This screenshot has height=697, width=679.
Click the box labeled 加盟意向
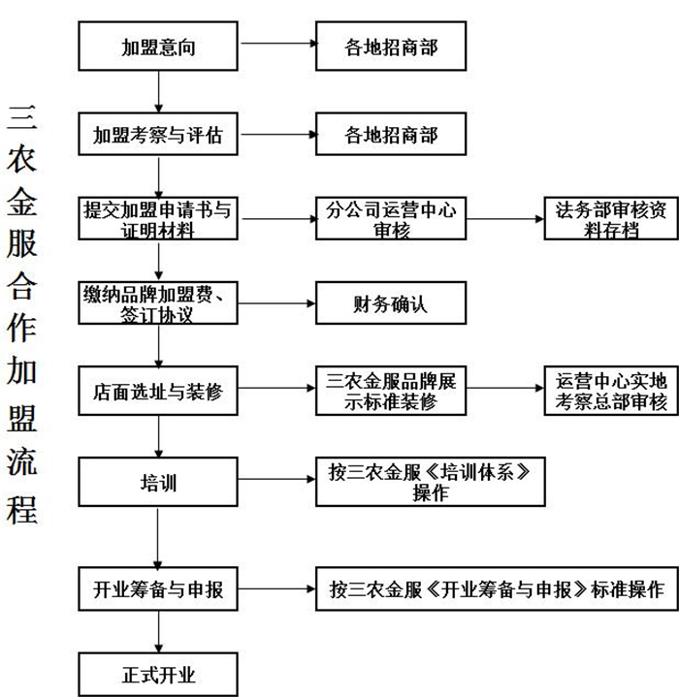click(x=158, y=46)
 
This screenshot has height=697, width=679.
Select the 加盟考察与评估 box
click(x=158, y=136)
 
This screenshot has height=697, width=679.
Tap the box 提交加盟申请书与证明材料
click(x=158, y=219)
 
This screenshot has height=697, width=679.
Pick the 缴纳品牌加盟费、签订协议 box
click(x=158, y=303)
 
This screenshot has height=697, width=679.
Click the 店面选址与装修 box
click(x=158, y=391)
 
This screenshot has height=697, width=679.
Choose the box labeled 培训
click(x=158, y=482)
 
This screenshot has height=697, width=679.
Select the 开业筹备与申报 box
click(x=158, y=587)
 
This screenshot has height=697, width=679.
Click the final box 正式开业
click(x=158, y=673)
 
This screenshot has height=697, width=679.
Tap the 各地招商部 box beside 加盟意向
click(x=391, y=46)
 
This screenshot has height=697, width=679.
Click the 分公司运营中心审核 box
click(x=391, y=219)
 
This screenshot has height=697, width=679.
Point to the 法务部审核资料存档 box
click(x=604, y=219)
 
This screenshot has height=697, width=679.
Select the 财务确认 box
click(x=391, y=303)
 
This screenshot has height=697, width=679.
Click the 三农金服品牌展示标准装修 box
click(x=391, y=391)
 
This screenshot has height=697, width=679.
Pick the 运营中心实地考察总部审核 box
click(x=604, y=391)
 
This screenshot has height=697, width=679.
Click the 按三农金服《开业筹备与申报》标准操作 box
click(x=496, y=587)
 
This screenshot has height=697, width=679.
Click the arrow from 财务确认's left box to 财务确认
click(x=276, y=303)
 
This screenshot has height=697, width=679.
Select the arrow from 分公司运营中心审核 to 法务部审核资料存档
click(x=504, y=219)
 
